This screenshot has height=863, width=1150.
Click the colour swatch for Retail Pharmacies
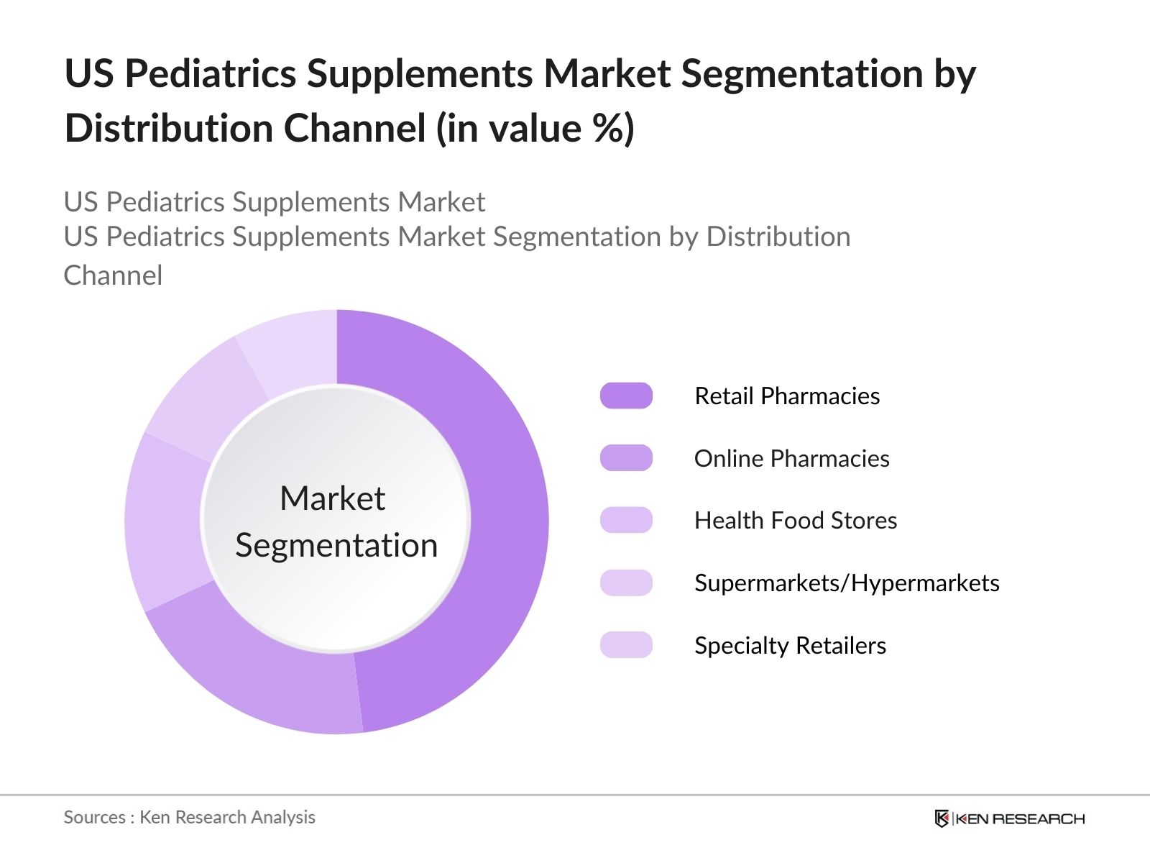626,396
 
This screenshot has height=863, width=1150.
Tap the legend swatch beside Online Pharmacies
626,458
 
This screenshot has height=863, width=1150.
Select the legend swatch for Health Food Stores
626,520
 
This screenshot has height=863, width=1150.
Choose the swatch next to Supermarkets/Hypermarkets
626,583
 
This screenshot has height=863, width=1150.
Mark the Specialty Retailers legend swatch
626,645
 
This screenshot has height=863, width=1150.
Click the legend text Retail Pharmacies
787,396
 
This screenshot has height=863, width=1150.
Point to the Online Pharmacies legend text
791,458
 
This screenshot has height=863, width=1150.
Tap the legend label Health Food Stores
796,520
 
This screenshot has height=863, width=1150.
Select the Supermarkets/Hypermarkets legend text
847,583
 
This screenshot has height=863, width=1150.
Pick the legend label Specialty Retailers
790,645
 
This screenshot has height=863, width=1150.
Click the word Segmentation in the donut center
336,545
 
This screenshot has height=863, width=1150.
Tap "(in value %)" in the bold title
535,129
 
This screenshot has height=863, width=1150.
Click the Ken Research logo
1009,818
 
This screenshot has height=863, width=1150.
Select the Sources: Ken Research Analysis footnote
190,817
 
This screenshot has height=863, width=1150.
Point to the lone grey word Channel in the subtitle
113,275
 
